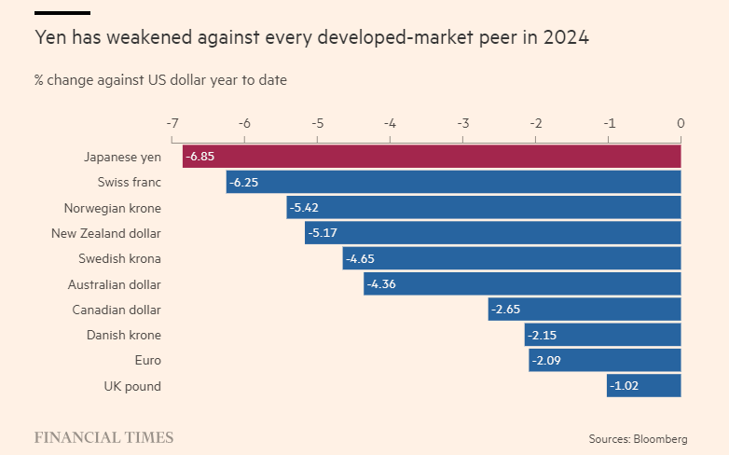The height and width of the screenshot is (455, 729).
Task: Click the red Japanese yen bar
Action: coord(432,157)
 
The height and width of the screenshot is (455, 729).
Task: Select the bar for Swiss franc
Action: coord(453,182)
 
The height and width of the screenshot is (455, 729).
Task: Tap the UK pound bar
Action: coord(643,386)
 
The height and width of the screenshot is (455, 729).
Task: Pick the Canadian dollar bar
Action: coord(585,310)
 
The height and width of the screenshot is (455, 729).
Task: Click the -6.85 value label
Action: coord(199,157)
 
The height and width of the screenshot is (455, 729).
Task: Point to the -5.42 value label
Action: coord(304,208)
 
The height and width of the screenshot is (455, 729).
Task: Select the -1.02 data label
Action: coord(625,386)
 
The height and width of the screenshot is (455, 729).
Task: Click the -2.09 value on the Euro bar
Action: coord(546,361)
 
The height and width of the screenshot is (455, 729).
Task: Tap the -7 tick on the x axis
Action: coord(172,123)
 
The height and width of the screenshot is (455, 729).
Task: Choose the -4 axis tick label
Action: coord(390,123)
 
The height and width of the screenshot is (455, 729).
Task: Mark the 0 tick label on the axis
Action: coord(681,123)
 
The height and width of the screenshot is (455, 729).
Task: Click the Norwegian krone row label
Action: coord(112,208)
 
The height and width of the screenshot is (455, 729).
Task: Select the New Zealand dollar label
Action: coord(105,233)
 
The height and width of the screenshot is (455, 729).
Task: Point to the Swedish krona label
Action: coord(120,258)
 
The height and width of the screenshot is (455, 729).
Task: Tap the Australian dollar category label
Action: coord(114,284)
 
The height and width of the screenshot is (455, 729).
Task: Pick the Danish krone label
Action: coord(123,335)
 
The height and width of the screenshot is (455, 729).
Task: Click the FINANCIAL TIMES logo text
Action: coord(103,437)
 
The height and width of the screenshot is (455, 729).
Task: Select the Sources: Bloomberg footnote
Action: coord(638,438)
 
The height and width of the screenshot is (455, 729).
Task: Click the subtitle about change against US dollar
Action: coord(160,80)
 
